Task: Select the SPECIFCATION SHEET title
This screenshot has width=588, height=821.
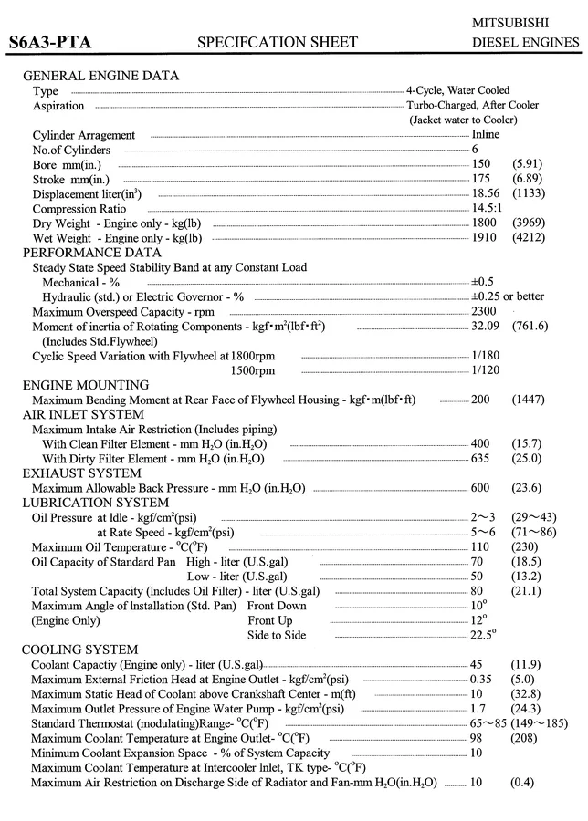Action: [278, 42]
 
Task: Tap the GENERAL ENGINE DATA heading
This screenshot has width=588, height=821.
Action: [100, 76]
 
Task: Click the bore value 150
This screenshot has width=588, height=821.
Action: [481, 164]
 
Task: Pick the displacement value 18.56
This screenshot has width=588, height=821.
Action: [486, 194]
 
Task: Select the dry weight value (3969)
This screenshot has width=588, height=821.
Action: [530, 223]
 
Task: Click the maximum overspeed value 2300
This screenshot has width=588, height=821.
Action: [485, 312]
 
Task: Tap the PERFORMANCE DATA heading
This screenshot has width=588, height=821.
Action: [91, 253]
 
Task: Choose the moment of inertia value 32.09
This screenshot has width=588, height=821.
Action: [486, 327]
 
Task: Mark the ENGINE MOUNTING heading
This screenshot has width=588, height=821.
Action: [85, 385]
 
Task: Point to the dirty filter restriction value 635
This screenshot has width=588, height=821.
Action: [481, 459]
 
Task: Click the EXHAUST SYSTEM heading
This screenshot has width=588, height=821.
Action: [81, 473]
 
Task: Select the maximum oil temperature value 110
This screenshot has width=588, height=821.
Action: [481, 547]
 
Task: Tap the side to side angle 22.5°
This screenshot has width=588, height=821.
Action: [483, 635]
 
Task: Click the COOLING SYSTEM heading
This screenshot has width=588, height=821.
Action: [80, 650]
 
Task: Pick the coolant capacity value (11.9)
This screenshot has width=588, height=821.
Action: [527, 664]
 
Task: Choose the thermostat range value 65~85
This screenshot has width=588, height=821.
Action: [488, 723]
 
